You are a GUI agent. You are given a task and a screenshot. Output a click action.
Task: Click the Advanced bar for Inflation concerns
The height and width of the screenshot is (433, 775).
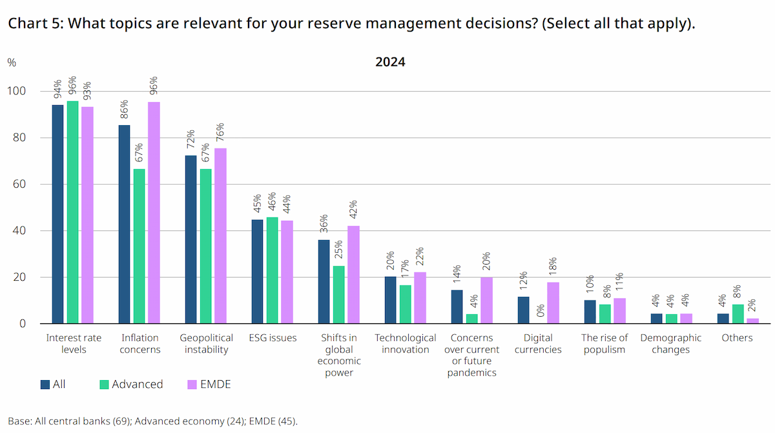pos(139,246)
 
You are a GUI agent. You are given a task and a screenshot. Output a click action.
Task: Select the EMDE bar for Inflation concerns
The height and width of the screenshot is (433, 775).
pos(154,212)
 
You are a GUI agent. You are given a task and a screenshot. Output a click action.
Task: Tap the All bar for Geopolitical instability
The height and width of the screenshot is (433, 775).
pos(191,239)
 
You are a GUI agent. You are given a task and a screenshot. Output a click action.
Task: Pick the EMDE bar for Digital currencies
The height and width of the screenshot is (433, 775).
pos(553,303)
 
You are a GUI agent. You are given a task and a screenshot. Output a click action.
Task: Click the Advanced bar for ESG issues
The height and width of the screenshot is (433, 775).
pos(272,270)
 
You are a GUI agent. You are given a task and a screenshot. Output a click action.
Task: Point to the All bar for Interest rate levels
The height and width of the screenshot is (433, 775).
pos(57,214)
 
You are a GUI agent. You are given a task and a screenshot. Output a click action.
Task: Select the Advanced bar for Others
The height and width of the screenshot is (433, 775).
pos(738,314)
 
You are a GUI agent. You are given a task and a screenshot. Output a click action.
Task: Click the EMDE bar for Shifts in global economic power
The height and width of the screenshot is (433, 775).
pos(353,275)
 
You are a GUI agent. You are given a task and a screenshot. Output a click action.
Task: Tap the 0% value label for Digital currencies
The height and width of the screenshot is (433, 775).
pos(541,310)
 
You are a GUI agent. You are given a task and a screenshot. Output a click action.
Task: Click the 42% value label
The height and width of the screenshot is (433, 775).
pos(353,210)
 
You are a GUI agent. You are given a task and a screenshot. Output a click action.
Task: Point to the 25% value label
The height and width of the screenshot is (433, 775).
pos(338,250)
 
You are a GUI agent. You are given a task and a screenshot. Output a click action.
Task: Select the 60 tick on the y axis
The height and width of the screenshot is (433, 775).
pos(19,184)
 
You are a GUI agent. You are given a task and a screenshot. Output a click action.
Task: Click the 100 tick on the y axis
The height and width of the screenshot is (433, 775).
pos(16,91)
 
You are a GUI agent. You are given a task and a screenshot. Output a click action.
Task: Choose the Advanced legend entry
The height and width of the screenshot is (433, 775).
pos(131,384)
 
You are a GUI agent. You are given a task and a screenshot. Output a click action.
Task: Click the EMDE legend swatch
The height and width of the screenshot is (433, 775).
pos(192,385)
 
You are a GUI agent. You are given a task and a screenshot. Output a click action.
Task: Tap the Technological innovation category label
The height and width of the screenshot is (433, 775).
pos(405,343)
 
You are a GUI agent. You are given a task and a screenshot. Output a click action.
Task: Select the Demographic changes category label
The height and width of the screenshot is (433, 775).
pos(670,343)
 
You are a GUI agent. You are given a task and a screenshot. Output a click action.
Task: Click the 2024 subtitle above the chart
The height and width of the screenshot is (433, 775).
pos(390,62)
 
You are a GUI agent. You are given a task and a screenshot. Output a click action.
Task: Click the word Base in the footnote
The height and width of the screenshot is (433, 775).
pos(19,421)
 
